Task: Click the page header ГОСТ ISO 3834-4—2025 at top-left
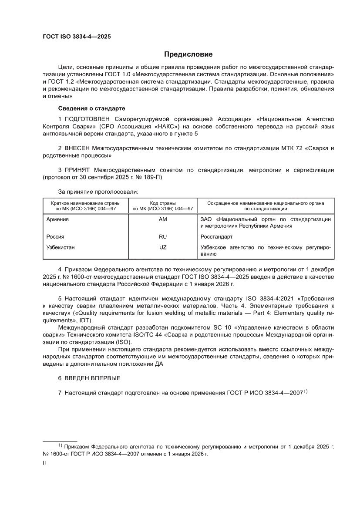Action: tap(76, 37)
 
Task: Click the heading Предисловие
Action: tap(188, 54)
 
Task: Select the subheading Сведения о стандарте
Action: tap(90, 108)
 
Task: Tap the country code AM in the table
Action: tap(163, 219)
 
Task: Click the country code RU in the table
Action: tap(163, 237)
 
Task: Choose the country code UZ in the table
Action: tap(163, 247)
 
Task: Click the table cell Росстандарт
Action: tap(216, 237)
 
